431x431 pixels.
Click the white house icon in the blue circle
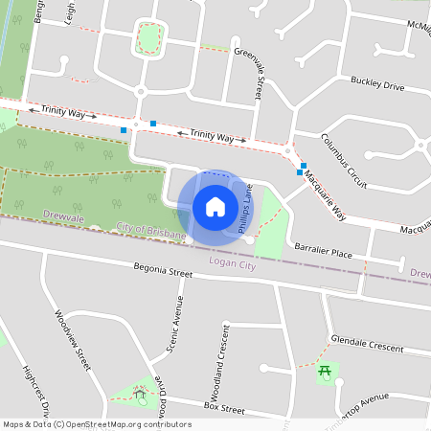[215, 207]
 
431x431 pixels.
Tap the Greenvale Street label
[257, 77]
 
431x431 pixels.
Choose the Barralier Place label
[324, 250]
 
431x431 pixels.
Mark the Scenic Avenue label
[174, 324]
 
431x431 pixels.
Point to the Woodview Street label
[73, 340]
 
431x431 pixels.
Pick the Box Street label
[225, 408]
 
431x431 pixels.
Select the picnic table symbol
[327, 372]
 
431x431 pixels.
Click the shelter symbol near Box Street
[141, 393]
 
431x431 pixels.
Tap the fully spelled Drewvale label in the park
[64, 219]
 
